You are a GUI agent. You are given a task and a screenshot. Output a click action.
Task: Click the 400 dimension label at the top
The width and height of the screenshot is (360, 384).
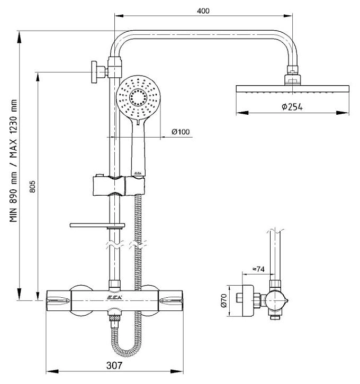203,11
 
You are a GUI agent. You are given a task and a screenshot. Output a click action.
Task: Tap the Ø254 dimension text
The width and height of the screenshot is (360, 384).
292,107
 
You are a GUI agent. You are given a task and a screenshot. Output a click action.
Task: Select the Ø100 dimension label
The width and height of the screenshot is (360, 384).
181,132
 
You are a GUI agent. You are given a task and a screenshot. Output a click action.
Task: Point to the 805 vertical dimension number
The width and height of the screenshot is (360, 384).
33,186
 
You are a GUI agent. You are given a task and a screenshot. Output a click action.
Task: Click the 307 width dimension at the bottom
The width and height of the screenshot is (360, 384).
114,365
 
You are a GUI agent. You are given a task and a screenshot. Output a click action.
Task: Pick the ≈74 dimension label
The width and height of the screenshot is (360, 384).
258,269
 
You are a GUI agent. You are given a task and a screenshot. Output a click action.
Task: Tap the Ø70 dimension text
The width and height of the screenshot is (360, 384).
224,301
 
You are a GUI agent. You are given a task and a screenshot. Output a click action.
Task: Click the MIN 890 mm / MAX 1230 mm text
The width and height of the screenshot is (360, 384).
13,161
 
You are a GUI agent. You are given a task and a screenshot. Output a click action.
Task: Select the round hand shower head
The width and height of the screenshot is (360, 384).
138,97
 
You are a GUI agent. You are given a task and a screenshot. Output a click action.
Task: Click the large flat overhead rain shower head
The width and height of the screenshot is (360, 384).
292,89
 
